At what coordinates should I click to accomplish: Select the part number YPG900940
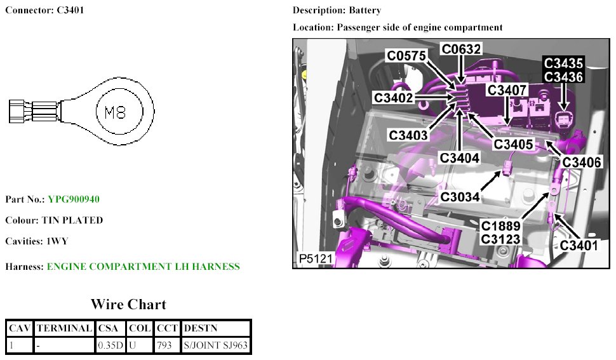point(73,199)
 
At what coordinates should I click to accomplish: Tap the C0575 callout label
point(406,57)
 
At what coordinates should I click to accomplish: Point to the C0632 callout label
point(462,49)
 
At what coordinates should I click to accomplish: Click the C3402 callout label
point(393,98)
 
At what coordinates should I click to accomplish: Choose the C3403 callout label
point(408,135)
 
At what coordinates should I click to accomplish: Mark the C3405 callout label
point(513,144)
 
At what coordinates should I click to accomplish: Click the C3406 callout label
point(581,163)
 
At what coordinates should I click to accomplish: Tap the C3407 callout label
point(507,90)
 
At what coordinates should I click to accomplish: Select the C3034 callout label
point(460,197)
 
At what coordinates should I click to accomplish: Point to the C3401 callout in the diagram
point(579,244)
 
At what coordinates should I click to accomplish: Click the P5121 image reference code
point(315,259)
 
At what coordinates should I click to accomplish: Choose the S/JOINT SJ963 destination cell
point(215,345)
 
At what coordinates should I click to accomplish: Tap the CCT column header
point(166,328)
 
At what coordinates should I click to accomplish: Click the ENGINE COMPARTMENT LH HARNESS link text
point(143,267)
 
